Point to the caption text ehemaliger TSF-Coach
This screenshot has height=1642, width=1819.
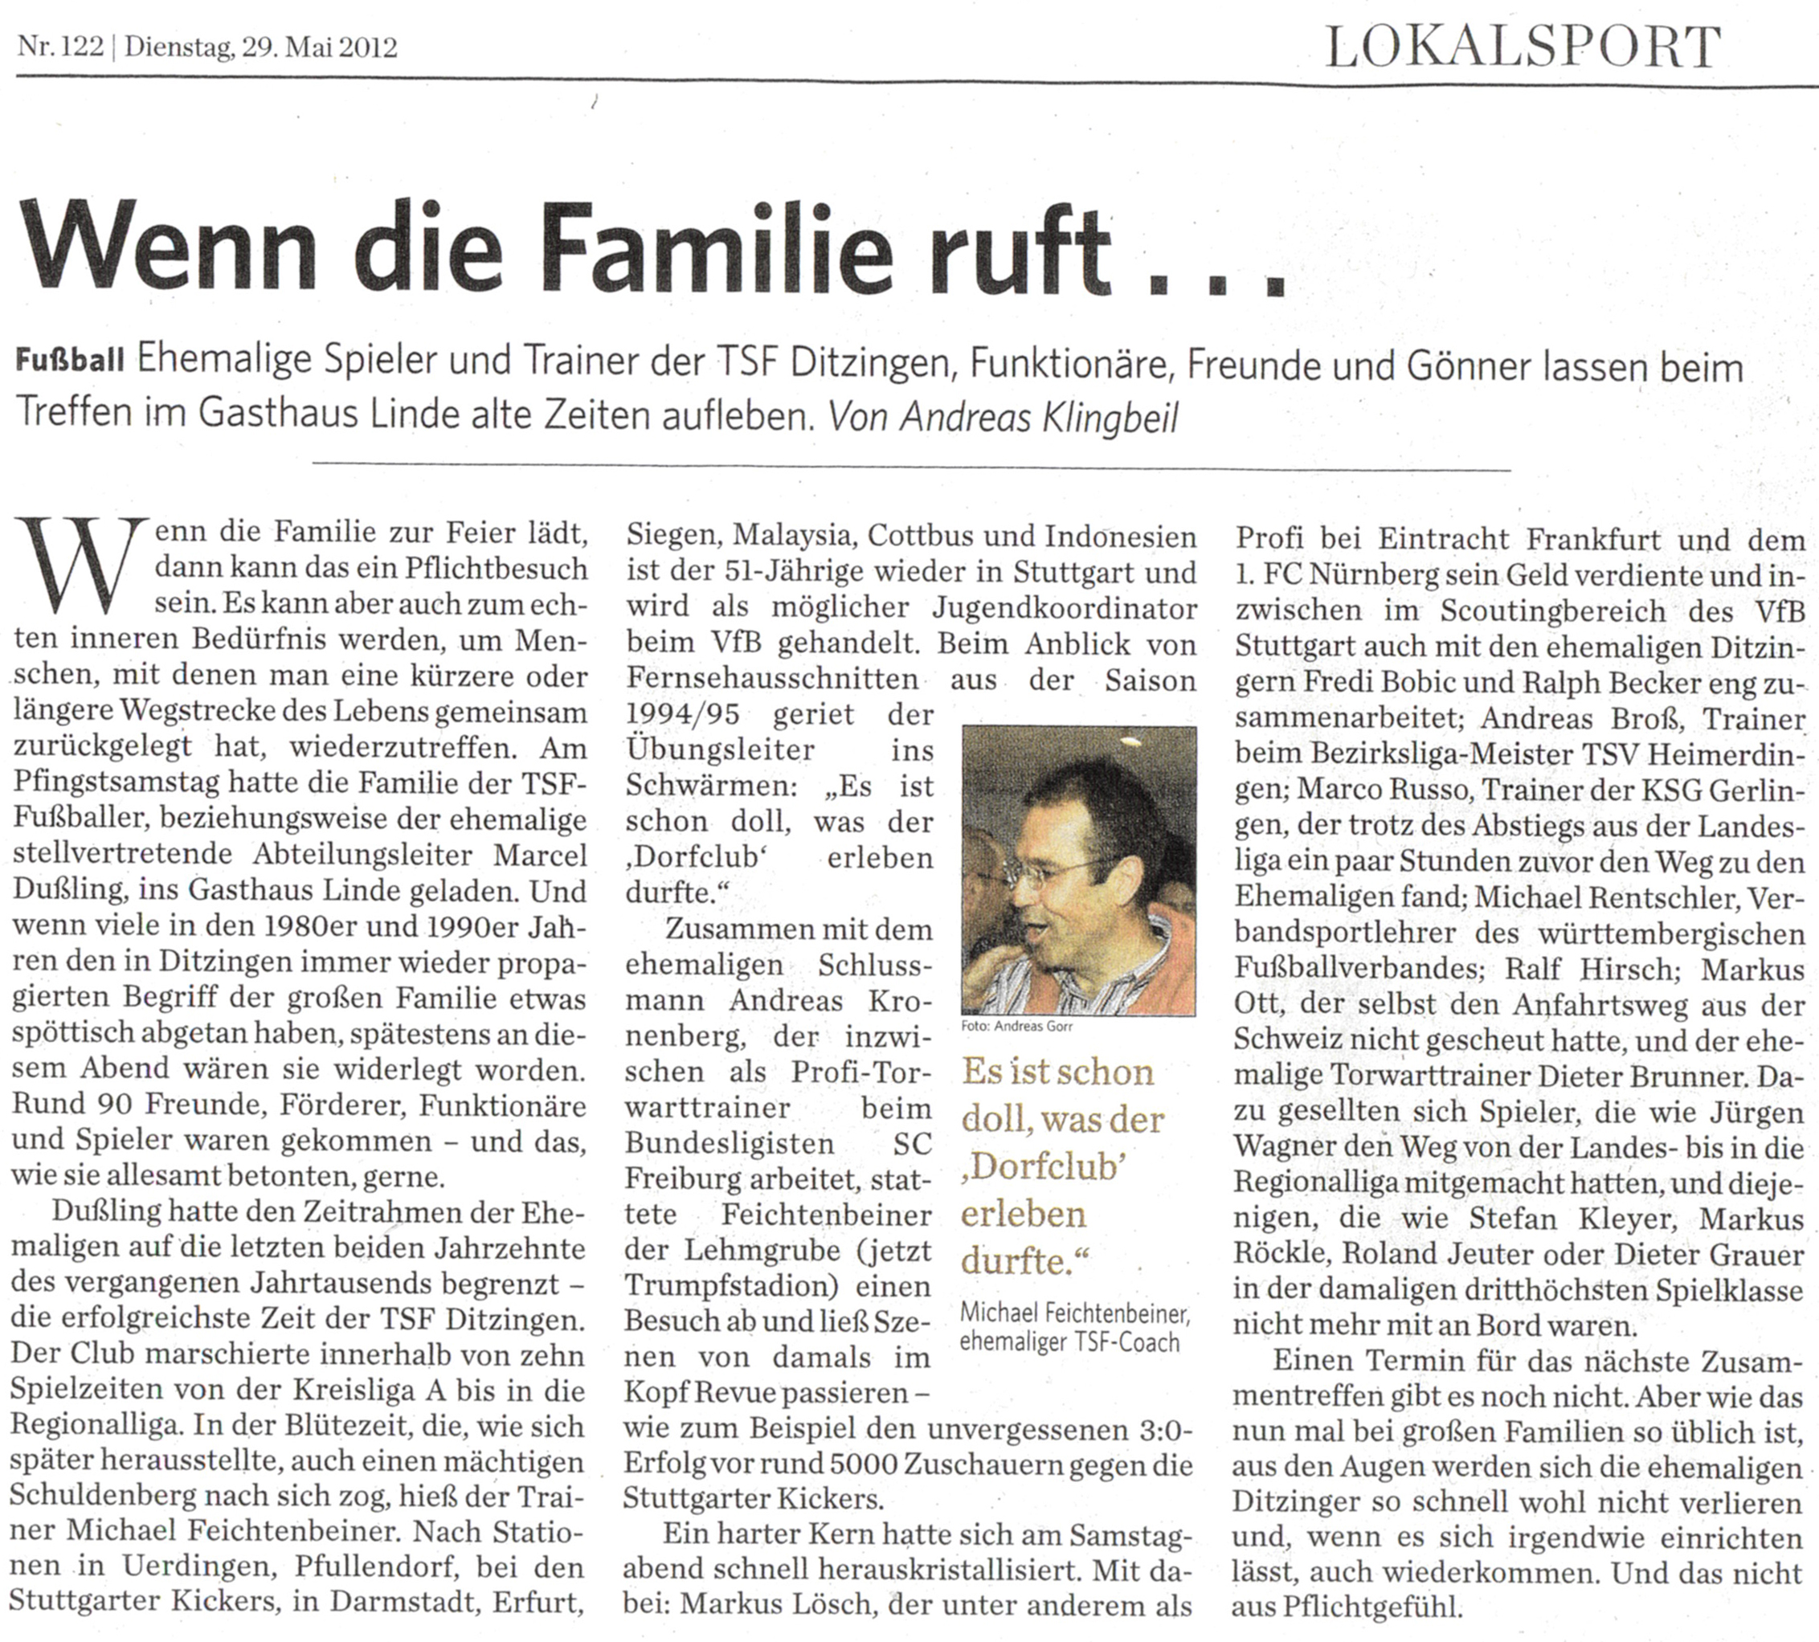pyautogui.click(x=1069, y=1342)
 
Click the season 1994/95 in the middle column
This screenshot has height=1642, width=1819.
pyautogui.click(x=685, y=713)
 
